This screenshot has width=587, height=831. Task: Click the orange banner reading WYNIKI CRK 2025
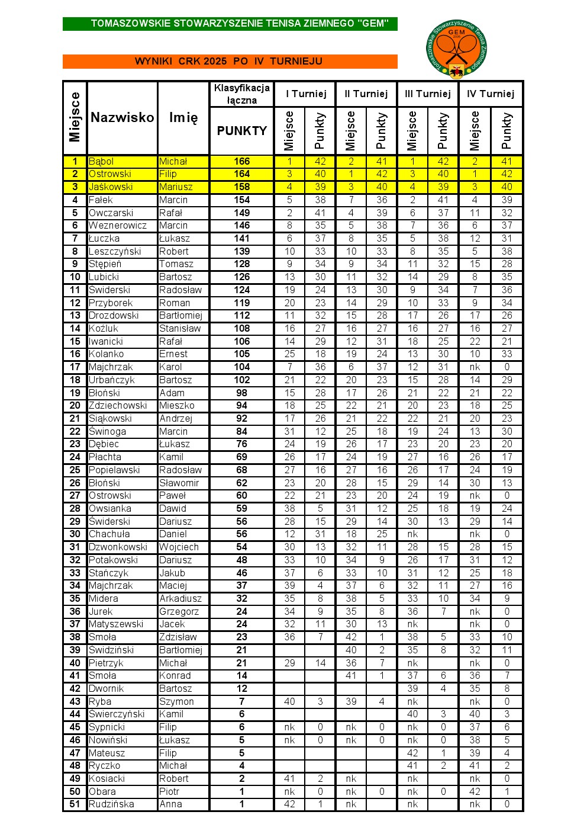coord(230,61)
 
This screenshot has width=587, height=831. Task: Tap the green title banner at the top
coord(230,24)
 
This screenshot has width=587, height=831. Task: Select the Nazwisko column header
coord(122,117)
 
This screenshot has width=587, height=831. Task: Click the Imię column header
coord(183,117)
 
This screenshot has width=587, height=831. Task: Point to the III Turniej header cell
coord(428,94)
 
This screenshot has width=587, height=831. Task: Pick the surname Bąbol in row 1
coord(101,161)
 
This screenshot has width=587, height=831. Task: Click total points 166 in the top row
coord(241,161)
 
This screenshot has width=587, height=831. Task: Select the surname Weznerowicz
coord(118,226)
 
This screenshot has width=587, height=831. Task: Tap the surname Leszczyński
coord(115,251)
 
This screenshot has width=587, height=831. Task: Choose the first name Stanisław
coord(180,328)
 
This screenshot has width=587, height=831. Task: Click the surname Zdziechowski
coord(118,406)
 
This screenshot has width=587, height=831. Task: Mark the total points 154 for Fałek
coord(241,200)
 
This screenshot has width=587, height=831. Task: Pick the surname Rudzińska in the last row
coord(111,804)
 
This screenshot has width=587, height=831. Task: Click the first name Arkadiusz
coord(180,598)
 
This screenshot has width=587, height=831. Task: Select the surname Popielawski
coord(114,470)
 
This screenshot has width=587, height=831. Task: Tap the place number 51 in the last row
coord(75,804)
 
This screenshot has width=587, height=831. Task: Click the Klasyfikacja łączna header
coord(241,94)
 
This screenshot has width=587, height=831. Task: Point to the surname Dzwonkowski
coord(118,547)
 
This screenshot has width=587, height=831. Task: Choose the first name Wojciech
coord(179,547)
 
